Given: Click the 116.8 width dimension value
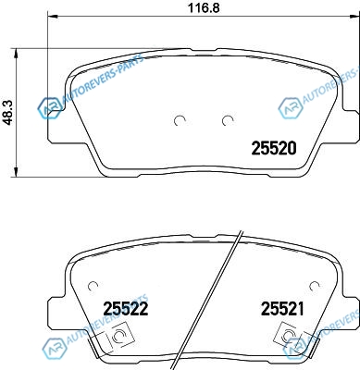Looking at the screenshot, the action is click(x=204, y=7).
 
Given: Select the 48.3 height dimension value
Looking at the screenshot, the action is click(x=8, y=113).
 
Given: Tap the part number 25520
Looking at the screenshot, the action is click(x=274, y=148).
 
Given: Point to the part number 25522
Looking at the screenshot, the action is click(x=126, y=309).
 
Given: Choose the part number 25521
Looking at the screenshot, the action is click(x=282, y=309).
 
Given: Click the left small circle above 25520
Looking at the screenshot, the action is click(x=180, y=120).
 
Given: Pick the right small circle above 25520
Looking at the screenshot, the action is click(x=228, y=120).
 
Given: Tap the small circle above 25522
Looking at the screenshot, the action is click(x=93, y=286).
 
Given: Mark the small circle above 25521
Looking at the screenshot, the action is click(x=315, y=286).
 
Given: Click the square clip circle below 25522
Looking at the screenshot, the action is click(x=119, y=335).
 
